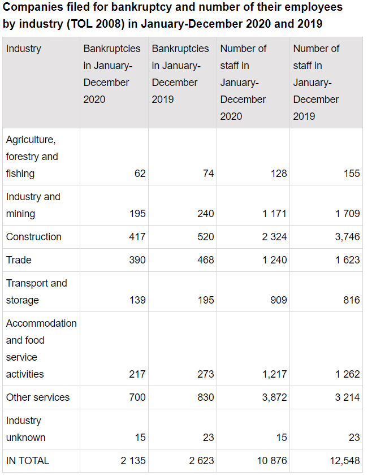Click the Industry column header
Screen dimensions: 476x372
(x=24, y=49)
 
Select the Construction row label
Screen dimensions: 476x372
(x=34, y=237)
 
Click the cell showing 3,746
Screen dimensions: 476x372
(x=347, y=237)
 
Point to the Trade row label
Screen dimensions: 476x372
(x=19, y=260)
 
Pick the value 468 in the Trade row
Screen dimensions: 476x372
(x=205, y=260)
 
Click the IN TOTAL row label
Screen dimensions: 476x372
(x=28, y=461)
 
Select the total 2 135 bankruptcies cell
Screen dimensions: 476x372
(x=133, y=461)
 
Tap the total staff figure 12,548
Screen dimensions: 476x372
(x=345, y=461)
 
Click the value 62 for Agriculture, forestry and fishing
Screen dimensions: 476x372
(x=140, y=174)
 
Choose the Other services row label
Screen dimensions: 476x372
(x=38, y=397)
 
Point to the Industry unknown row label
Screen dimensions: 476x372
(x=26, y=429)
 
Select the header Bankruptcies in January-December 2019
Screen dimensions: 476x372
(x=180, y=74)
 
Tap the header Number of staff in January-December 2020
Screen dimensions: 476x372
(x=244, y=83)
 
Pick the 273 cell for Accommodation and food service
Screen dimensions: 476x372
(x=205, y=374)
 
